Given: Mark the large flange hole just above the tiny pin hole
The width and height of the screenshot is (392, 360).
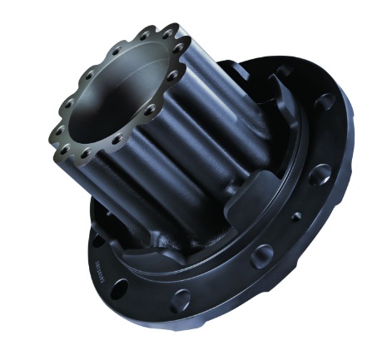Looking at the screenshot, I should pyautogui.click(x=320, y=175).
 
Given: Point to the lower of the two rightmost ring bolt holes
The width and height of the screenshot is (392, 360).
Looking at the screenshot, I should pyautogui.click(x=172, y=75).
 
